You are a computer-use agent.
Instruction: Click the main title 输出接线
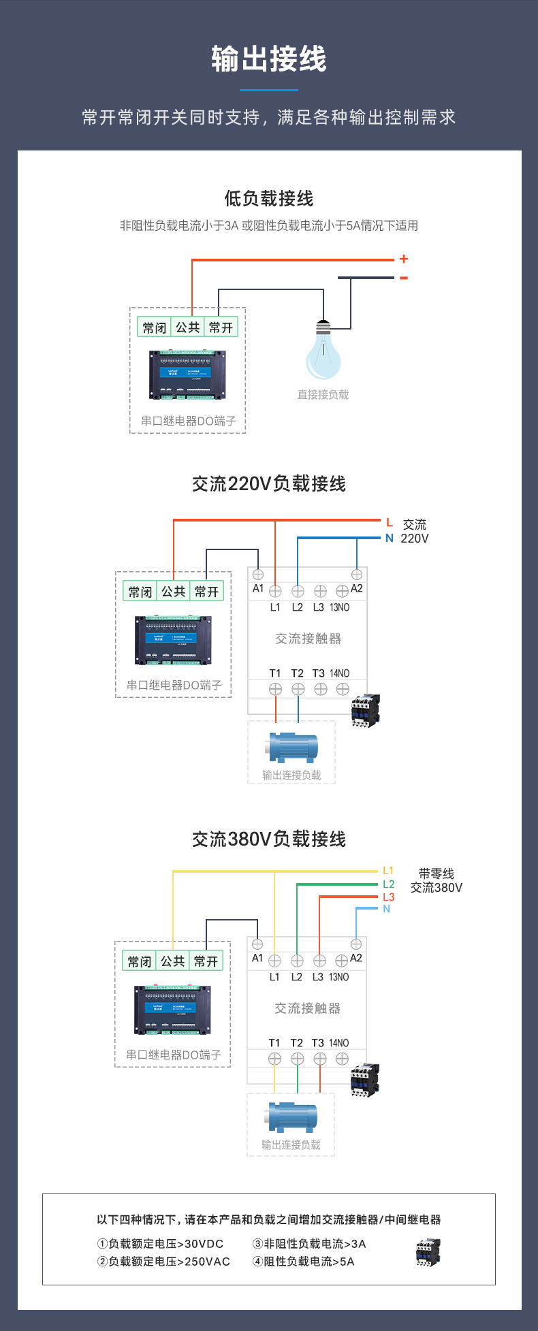(x=269, y=59)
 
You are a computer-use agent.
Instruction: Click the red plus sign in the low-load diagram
(x=404, y=259)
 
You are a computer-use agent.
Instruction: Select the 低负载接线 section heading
(x=269, y=199)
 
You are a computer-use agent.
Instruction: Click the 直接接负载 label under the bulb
(x=323, y=395)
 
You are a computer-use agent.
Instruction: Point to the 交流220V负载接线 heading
(x=269, y=484)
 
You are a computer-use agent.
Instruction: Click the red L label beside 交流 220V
(x=390, y=523)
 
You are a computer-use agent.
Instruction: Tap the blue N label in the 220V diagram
(x=390, y=538)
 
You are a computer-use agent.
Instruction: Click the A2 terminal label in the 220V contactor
(x=356, y=588)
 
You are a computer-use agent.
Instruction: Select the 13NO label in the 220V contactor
(x=339, y=607)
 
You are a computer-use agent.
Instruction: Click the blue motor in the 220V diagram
(x=294, y=747)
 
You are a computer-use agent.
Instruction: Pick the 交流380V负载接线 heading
(x=269, y=839)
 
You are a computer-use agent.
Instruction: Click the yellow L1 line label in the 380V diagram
(x=388, y=871)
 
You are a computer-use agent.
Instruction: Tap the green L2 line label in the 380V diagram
(x=388, y=884)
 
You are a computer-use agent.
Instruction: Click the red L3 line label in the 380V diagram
(x=388, y=897)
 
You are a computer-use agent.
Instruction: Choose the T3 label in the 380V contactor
(x=318, y=1043)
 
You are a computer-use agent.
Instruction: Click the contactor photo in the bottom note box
(x=428, y=1252)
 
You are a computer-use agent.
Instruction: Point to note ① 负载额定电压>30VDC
(x=161, y=1244)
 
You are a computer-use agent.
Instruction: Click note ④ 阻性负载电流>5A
(x=304, y=1262)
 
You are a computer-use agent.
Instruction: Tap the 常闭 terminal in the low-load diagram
(x=155, y=327)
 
